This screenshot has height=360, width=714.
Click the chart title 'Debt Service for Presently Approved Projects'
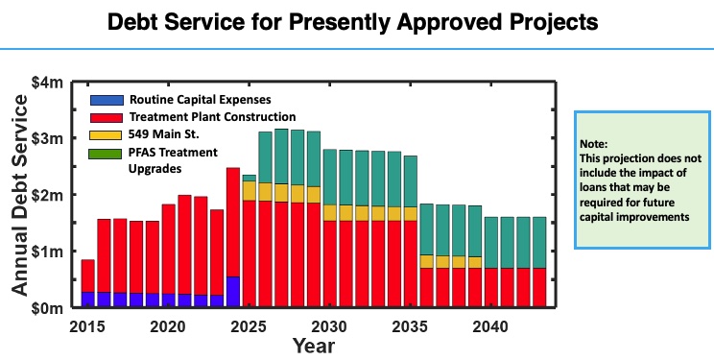357,21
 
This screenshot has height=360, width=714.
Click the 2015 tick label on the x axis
86,324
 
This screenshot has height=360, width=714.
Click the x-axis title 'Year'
314,345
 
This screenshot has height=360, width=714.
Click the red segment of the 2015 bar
87,276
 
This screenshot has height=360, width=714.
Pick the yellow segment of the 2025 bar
250,190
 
